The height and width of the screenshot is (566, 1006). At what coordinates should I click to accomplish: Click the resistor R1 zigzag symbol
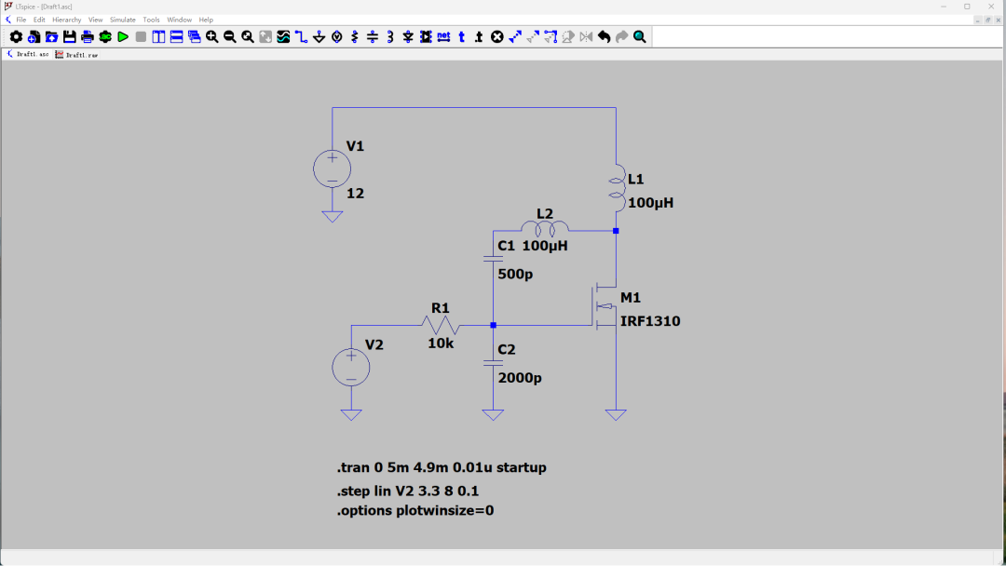click(441, 326)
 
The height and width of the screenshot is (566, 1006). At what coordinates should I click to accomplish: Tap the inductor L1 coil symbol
click(617, 188)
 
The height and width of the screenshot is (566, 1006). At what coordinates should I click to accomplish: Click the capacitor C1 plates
click(493, 258)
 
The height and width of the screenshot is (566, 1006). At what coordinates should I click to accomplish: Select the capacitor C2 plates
click(493, 363)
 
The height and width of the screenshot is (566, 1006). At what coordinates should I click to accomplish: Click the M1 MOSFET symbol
click(604, 305)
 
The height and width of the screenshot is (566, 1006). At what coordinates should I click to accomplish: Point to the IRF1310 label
click(650, 321)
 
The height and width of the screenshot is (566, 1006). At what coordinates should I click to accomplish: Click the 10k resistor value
click(441, 344)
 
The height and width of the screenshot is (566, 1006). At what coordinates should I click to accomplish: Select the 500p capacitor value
click(515, 275)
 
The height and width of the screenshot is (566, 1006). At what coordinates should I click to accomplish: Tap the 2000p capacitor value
click(520, 378)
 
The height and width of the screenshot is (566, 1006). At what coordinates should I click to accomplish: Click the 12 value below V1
click(356, 194)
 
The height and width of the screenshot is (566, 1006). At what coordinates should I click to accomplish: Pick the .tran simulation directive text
click(442, 468)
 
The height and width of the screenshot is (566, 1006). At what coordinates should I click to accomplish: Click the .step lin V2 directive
click(408, 491)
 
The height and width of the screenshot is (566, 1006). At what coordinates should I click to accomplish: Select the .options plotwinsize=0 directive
click(415, 511)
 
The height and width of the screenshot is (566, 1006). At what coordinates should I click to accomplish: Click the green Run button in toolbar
click(123, 37)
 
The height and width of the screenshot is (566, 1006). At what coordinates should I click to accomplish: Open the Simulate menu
click(123, 20)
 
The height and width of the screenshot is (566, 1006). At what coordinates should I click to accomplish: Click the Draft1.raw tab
click(77, 55)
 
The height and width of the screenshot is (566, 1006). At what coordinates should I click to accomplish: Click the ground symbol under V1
click(333, 217)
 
